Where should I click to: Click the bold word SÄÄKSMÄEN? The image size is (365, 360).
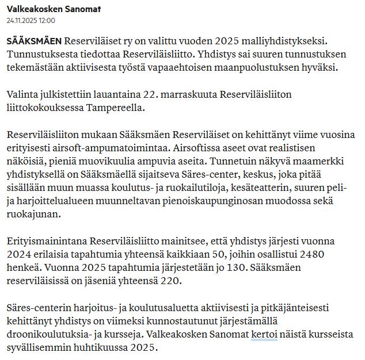[34, 43]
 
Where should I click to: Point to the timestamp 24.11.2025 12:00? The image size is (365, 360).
[31, 20]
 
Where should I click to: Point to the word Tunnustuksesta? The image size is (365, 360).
[43, 56]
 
